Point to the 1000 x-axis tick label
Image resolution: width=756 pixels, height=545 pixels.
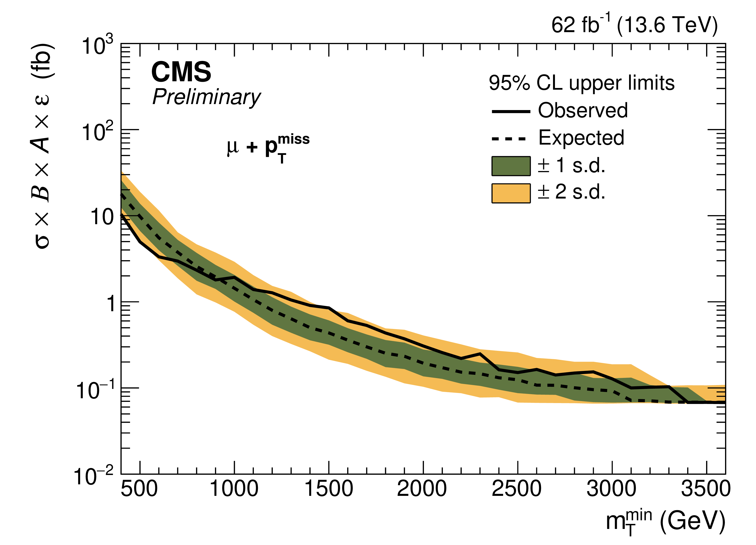234,489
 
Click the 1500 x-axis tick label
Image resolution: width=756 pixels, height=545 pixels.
329,489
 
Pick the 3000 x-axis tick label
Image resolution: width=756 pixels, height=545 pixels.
611,489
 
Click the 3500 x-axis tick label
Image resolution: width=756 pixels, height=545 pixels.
706,489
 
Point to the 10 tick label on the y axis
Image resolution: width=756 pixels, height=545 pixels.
102,217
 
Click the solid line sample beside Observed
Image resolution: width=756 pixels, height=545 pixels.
511,111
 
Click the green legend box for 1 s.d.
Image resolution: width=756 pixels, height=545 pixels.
511,166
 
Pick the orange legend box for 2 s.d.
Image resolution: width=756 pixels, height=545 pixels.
511,193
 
